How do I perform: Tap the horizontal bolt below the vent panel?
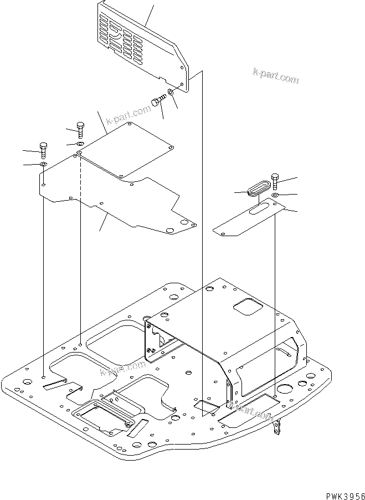158,101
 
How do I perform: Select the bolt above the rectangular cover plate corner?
80,130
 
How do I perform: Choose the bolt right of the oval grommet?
275,181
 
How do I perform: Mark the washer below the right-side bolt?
275,195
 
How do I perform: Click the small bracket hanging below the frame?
277,428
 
